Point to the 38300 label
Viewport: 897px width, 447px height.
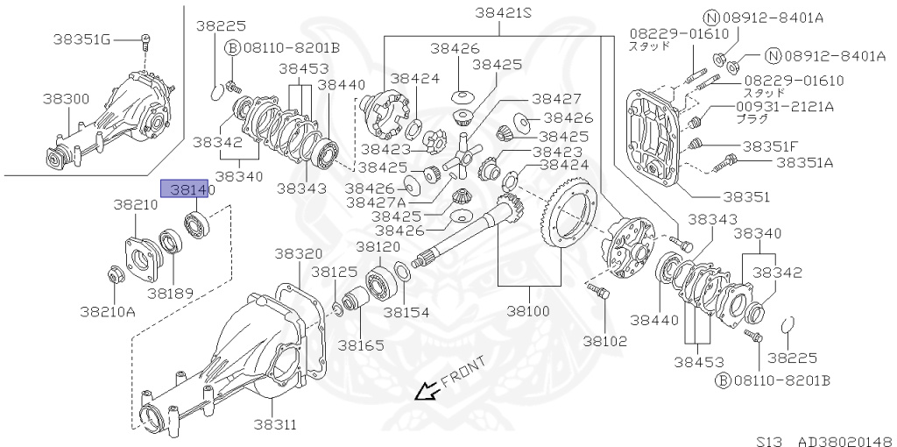(x=65, y=99)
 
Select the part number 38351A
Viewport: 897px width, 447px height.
(x=804, y=162)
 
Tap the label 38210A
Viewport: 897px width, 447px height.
(x=108, y=310)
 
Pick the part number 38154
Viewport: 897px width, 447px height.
(x=404, y=311)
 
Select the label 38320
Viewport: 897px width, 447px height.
(x=298, y=252)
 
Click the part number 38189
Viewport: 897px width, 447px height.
(x=169, y=293)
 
